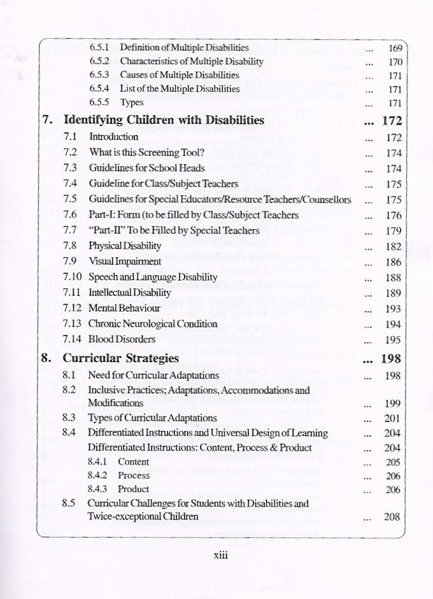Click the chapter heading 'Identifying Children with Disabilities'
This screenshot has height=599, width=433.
click(164, 120)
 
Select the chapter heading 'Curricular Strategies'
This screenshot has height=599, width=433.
click(120, 358)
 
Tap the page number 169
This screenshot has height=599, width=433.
click(395, 48)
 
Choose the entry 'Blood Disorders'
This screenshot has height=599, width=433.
click(122, 339)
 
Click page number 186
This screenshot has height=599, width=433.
click(393, 262)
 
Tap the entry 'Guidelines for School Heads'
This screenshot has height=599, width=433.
click(146, 168)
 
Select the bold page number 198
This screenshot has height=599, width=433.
click(390, 358)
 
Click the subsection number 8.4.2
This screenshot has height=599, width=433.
click(99, 476)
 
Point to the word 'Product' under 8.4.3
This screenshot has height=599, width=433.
click(134, 489)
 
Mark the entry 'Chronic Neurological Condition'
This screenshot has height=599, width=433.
click(153, 323)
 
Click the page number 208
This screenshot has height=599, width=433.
click(392, 517)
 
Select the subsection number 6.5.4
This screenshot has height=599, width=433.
click(99, 88)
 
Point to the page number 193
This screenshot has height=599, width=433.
click(393, 308)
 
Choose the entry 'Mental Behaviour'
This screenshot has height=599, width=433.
click(124, 308)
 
